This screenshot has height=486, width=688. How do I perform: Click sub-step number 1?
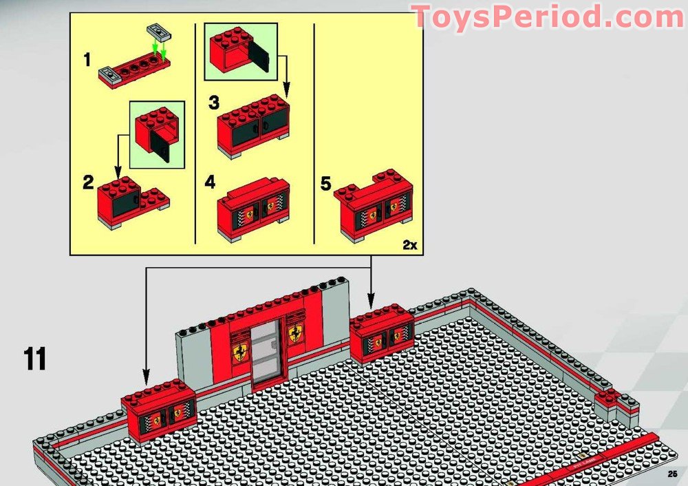click(x=87, y=60)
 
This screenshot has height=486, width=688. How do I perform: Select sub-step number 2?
click(x=87, y=182)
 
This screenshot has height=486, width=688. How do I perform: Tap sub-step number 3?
click(x=214, y=103)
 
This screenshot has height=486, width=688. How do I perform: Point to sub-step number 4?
click(x=210, y=182)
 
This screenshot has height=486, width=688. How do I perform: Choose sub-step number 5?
click(x=326, y=184)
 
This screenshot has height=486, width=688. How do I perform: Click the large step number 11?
click(x=34, y=359)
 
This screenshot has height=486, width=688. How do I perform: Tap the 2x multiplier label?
click(x=410, y=244)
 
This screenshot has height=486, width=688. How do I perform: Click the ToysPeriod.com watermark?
click(x=548, y=17)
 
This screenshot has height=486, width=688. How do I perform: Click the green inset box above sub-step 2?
click(x=157, y=134)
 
